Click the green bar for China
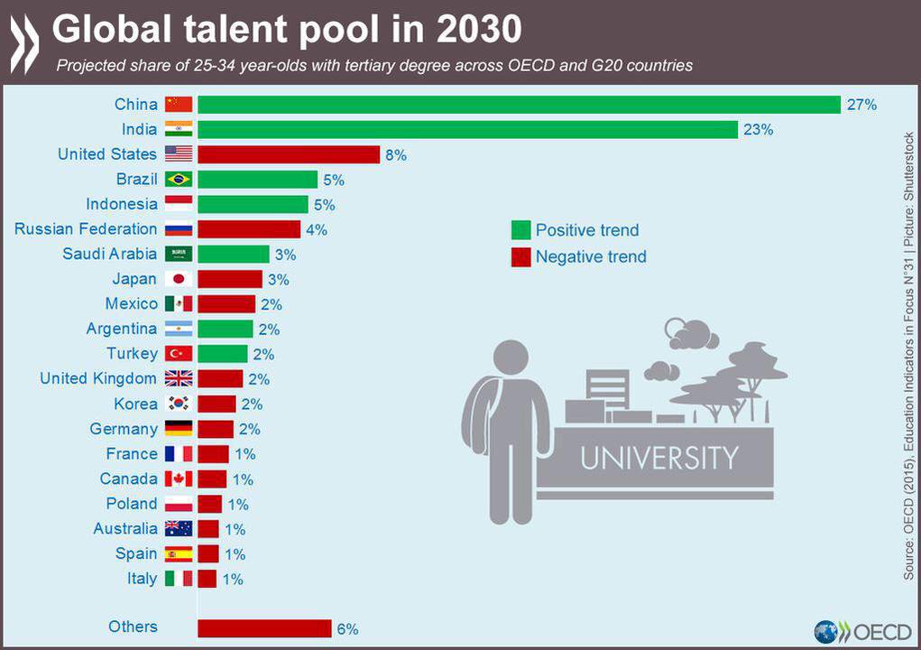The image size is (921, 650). tap(520, 105)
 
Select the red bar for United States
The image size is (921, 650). tap(289, 154)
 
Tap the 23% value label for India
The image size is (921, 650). tap(759, 130)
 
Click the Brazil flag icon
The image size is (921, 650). tap(179, 180)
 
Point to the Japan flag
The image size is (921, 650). tap(179, 279)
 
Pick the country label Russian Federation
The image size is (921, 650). tap(86, 228)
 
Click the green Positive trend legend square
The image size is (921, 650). tap(521, 230)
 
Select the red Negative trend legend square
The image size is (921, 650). tap(521, 256)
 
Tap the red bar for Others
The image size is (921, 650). tap(265, 628)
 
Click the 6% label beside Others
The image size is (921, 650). tap(347, 629)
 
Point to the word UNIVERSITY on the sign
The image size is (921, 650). tap(659, 458)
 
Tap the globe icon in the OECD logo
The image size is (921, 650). tap(826, 632)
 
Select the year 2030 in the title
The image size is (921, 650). tap(479, 29)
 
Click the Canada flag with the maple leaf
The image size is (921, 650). tap(179, 479)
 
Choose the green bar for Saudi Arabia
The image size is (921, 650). tap(234, 254)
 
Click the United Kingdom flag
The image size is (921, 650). tap(179, 378)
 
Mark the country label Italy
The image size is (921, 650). tap(143, 579)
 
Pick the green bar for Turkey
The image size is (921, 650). tap(223, 354)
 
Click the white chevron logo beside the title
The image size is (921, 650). tap(24, 44)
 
